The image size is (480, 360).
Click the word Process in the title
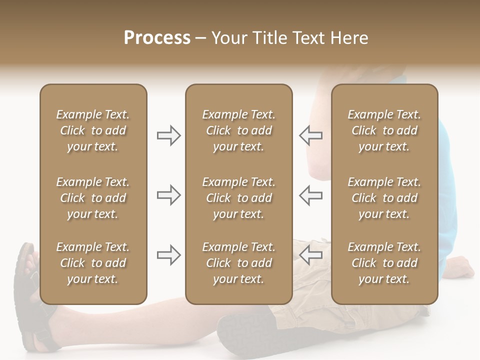157,38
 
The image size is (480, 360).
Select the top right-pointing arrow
168,135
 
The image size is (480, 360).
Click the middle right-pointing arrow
168,195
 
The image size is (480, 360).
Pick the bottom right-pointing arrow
168,255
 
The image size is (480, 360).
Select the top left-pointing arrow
311,135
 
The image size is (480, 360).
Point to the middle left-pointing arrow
311,195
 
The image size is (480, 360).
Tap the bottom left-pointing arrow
311,255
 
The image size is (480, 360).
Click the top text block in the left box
93,130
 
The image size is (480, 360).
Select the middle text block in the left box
93,198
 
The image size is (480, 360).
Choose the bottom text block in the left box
93,263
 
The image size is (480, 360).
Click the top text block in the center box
238,130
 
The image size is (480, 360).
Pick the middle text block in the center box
238,198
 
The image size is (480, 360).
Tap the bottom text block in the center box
238,263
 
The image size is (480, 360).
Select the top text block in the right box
384,130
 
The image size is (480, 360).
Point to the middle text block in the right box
384,198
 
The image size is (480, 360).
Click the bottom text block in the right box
384,263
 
